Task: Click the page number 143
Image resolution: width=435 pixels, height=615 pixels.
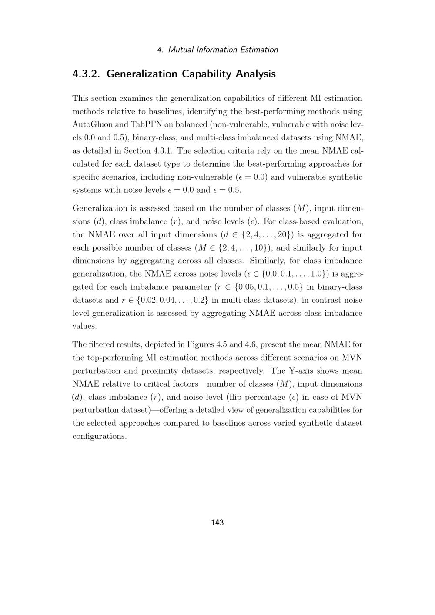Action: tap(217, 522)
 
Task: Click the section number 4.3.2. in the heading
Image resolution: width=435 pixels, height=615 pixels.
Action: tap(87, 74)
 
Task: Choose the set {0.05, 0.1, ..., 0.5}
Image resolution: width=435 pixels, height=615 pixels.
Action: tap(268, 287)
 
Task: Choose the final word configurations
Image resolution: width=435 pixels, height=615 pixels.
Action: tap(99, 436)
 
